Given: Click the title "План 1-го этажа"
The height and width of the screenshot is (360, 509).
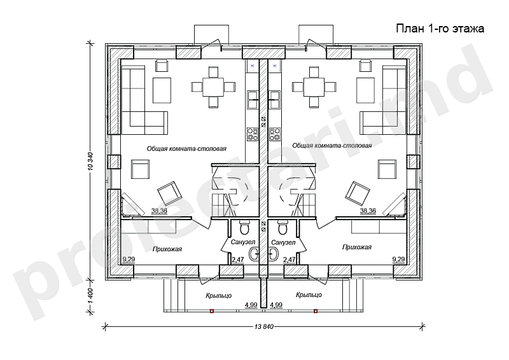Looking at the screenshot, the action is click(440, 29).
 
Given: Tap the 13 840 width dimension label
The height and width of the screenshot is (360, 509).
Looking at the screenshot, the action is click(264, 326).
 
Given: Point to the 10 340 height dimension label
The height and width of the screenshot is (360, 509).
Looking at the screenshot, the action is click(90, 161).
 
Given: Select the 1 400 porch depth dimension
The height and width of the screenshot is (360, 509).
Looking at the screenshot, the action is click(90, 295).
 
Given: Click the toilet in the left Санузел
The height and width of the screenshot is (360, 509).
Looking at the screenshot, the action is click(244, 227).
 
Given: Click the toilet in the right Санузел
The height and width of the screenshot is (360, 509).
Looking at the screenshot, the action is click(283, 227).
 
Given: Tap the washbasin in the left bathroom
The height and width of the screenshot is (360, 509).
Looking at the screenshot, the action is click(254, 254).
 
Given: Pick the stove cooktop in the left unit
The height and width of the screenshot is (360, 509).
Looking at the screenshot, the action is click(253, 134).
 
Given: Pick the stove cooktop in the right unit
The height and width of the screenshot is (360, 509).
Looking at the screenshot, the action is click(275, 134).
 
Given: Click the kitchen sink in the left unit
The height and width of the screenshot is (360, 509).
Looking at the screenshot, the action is click(253, 100).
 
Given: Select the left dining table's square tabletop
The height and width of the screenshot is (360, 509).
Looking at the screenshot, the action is click(213, 87).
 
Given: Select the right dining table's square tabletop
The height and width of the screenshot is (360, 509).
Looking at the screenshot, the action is click(314, 87).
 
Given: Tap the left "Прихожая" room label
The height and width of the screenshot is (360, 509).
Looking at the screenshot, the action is click(167, 249).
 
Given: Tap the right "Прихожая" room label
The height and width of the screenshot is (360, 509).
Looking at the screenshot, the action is click(357, 247).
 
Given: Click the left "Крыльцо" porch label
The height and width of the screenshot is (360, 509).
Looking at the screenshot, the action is click(218, 296).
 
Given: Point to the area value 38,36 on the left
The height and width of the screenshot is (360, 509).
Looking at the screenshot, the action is click(159, 211).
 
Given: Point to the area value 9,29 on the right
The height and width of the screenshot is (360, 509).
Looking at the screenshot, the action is click(399, 259).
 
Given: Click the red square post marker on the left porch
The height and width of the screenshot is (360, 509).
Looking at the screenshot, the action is click(212, 311).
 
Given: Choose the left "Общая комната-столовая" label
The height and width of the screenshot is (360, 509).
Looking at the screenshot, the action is click(186, 149).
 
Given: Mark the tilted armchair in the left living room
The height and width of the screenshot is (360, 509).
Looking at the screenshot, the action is click(170, 193).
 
